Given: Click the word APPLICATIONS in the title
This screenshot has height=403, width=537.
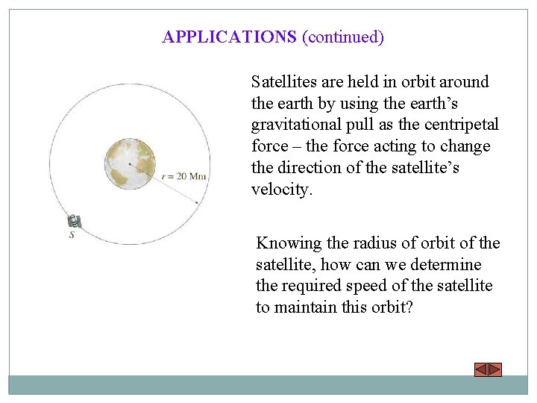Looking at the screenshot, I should tap(229, 37).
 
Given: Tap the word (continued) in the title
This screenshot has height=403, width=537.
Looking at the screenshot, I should tap(342, 37).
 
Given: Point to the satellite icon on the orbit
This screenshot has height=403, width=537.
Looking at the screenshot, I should tap(75, 222).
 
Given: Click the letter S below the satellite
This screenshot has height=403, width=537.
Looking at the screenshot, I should tap(72, 235).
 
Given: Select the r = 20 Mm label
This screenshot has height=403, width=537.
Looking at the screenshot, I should tap(184, 176).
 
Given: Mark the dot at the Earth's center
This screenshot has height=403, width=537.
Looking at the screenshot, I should tap(130, 164).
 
